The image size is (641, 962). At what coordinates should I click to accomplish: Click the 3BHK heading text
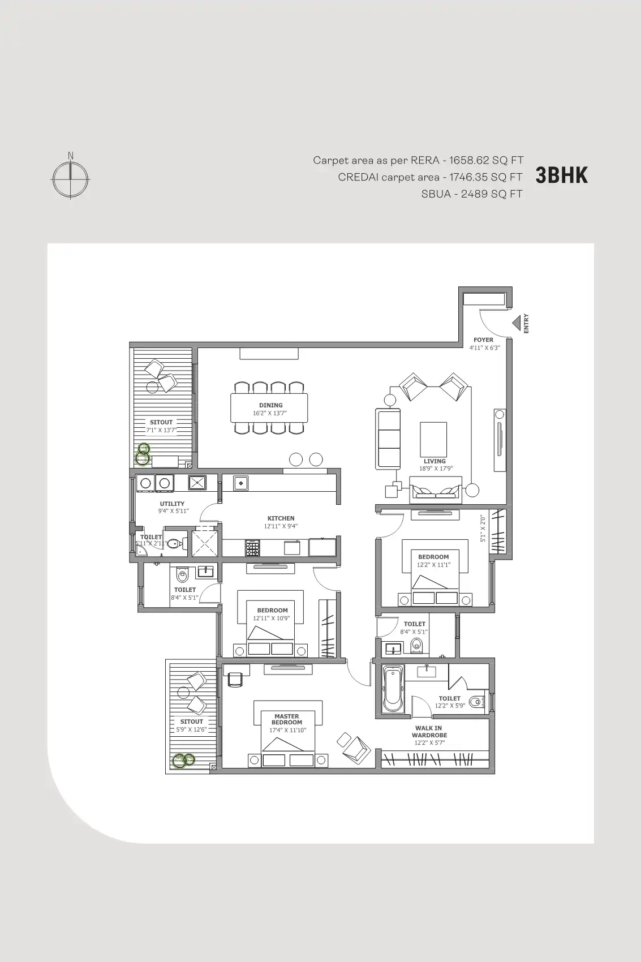tap(561, 175)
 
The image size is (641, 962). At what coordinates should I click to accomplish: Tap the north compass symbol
tap(71, 178)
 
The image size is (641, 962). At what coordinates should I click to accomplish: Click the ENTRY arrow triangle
tap(517, 323)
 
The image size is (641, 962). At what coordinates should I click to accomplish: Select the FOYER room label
tap(483, 340)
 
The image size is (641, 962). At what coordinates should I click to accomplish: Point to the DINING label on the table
tap(270, 405)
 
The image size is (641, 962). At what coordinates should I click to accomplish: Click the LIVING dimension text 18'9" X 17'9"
tap(436, 469)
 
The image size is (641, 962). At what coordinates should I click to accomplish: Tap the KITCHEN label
tap(281, 518)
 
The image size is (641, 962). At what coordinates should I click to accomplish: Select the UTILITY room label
tap(172, 504)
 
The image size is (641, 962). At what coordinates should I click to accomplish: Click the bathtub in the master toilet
tap(393, 689)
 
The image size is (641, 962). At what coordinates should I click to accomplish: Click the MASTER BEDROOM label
tap(287, 719)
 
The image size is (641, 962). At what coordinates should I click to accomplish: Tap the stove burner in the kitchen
tap(252, 548)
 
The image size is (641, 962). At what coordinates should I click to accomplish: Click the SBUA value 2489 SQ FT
tap(491, 194)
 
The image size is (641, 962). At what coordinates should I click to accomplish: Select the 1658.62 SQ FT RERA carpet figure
tap(486, 161)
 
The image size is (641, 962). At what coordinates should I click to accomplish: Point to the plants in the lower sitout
tap(183, 761)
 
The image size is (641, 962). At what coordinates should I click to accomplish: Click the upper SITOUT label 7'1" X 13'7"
tap(161, 430)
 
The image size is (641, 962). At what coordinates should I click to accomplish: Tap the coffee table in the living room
tap(433, 439)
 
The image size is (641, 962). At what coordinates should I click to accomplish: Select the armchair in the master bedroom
tap(354, 746)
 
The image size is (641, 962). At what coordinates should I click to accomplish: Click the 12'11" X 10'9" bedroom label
tap(272, 619)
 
